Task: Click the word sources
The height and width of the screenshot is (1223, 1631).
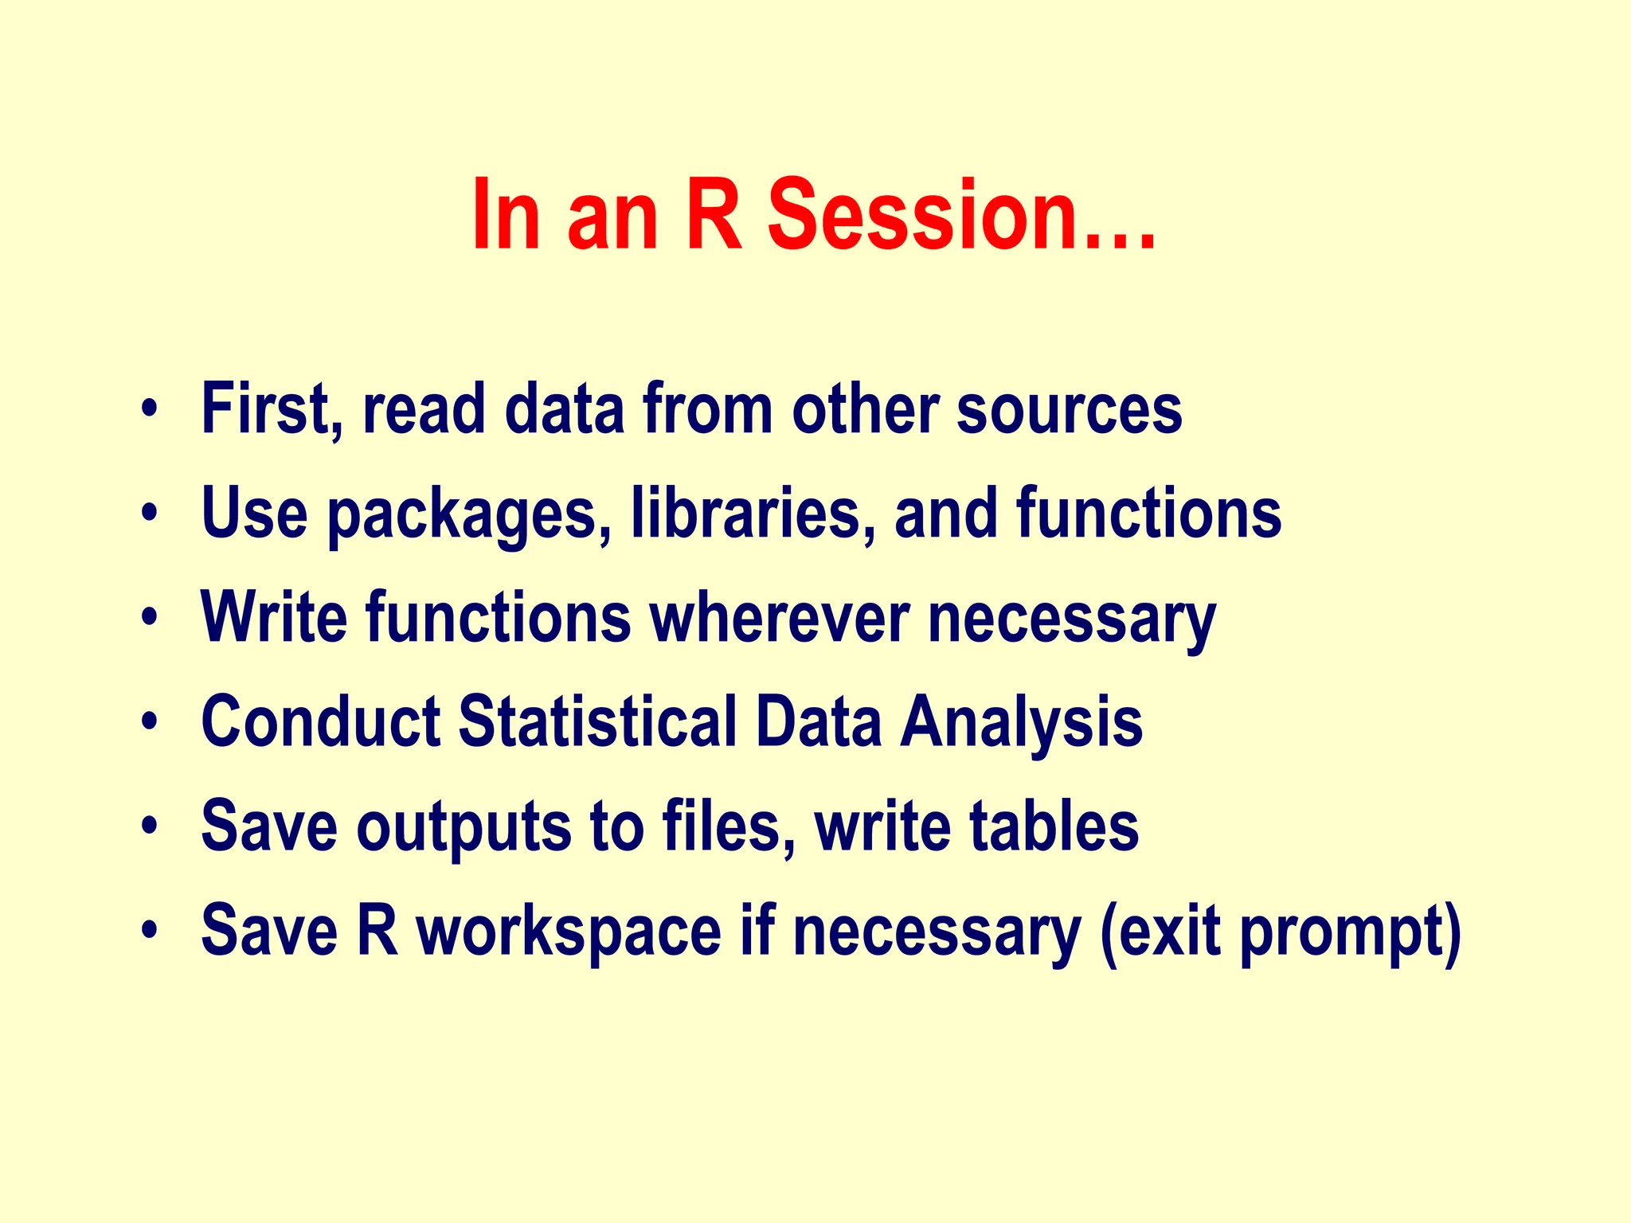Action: click(x=1069, y=411)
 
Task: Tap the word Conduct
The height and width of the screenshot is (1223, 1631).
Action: click(x=320, y=721)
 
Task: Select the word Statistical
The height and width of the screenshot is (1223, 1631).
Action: click(x=597, y=721)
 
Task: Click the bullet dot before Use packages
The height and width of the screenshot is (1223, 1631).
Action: click(x=148, y=514)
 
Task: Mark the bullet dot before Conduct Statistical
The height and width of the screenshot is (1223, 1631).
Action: click(x=148, y=723)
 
